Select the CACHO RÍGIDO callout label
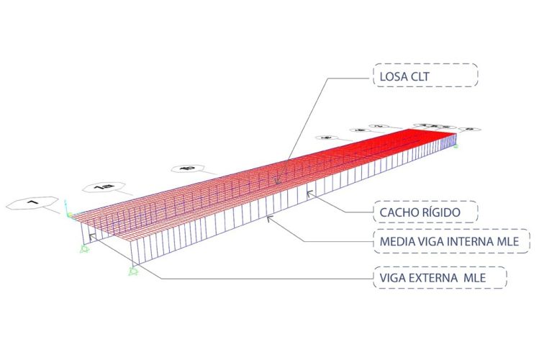pyautogui.click(x=425, y=212)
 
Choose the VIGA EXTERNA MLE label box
pyautogui.click(x=440, y=276)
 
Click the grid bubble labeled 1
pyautogui.click(x=32, y=204)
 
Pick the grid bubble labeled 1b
pyautogui.click(x=189, y=170)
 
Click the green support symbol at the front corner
pyautogui.click(x=132, y=271)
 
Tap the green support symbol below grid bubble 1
pyautogui.click(x=84, y=247)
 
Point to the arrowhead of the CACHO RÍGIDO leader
pyautogui.click(x=310, y=192)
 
